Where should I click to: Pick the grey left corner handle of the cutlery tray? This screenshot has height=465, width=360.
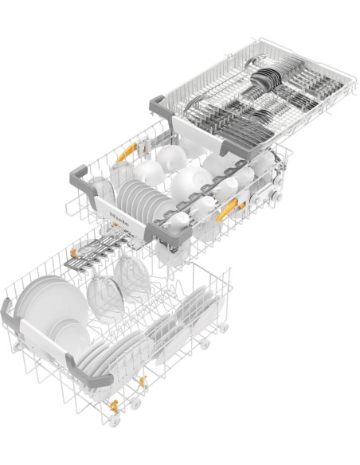pyautogui.click(x=158, y=104)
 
